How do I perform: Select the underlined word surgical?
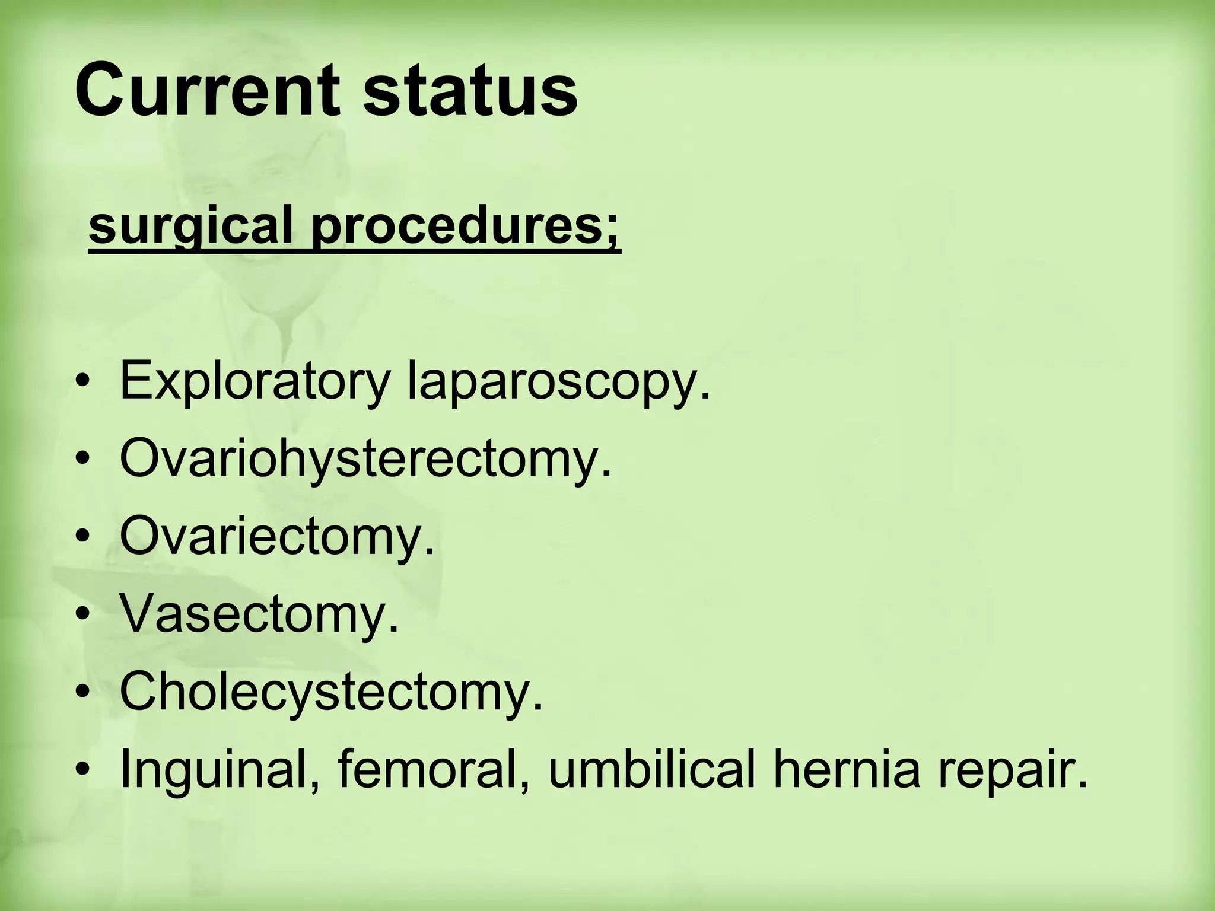point(190,227)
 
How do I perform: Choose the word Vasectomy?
point(259,613)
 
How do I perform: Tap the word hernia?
point(846,769)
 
